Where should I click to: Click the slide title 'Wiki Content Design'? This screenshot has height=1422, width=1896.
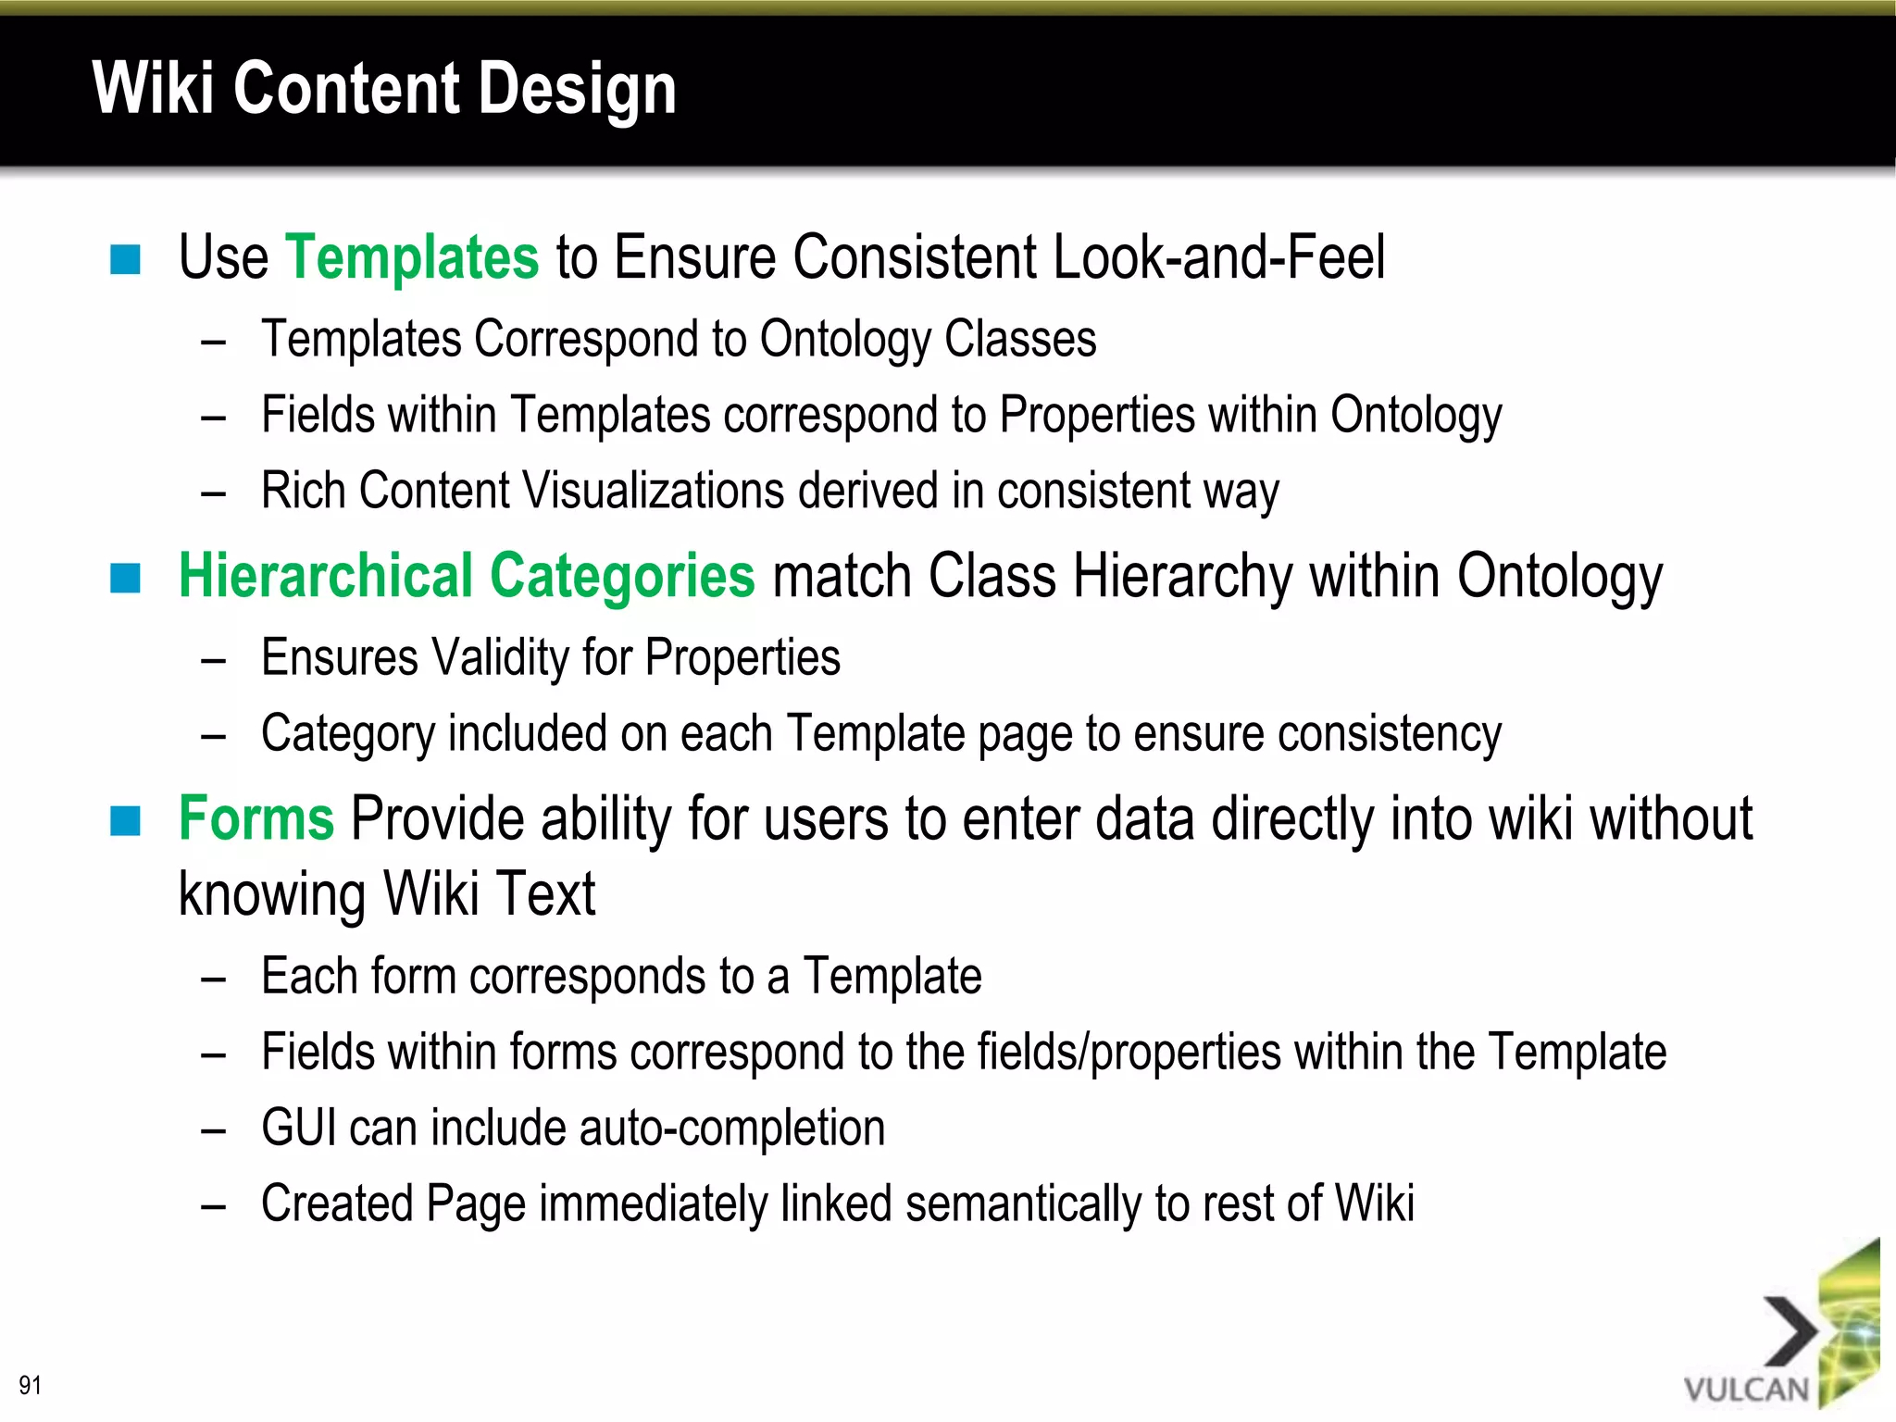point(384,89)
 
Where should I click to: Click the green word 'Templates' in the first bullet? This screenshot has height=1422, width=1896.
point(412,256)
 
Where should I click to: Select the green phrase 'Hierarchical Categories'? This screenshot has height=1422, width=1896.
point(467,576)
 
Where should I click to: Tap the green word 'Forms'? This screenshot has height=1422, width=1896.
point(256,819)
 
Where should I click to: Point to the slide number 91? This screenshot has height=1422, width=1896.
point(30,1385)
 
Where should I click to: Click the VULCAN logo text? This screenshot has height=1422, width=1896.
point(1746,1390)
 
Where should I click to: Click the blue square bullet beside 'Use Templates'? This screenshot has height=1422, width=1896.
point(125,260)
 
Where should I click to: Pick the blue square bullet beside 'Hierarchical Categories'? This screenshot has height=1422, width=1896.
point(125,579)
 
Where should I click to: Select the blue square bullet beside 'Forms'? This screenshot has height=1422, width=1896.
point(125,821)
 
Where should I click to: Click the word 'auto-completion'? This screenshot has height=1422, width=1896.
point(731,1128)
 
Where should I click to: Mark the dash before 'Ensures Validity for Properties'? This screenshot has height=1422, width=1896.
point(214,661)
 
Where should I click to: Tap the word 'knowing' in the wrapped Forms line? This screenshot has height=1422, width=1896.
point(272,895)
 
